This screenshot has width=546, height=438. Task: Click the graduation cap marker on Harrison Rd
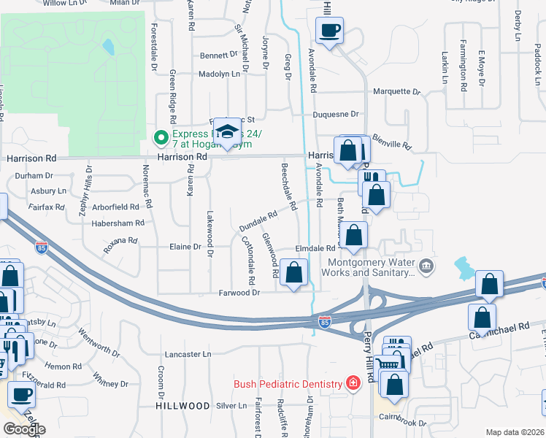click(228, 133)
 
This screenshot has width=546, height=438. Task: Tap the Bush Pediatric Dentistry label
click(288, 384)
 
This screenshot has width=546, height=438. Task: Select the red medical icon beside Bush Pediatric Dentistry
click(353, 384)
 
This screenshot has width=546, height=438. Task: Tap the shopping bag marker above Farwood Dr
click(293, 273)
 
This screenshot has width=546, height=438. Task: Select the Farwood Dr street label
click(239, 293)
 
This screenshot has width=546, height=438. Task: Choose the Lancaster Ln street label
click(188, 354)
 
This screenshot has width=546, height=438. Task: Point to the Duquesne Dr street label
click(336, 115)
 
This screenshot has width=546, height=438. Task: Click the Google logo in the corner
click(24, 429)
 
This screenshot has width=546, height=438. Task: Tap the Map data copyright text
click(515, 432)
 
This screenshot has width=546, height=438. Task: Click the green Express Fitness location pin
click(159, 137)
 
